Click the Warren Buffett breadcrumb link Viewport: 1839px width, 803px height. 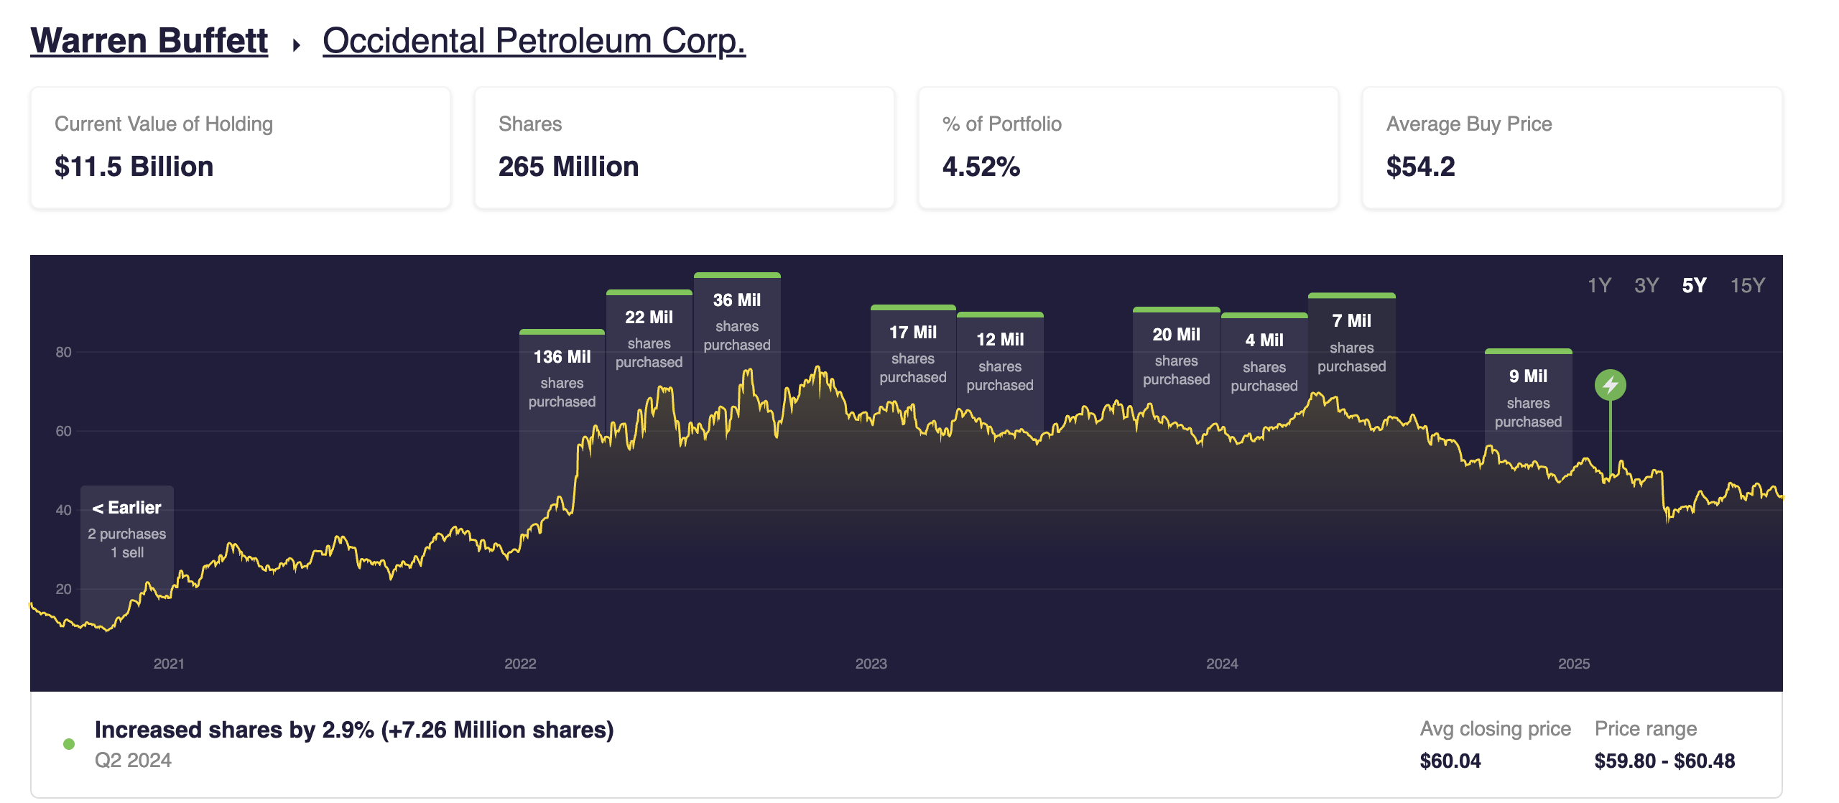coord(149,41)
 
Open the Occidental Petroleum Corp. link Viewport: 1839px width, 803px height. coord(534,41)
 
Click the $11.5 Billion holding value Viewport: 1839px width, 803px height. coord(134,167)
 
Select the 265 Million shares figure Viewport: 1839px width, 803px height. coord(568,167)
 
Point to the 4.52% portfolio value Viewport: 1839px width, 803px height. coord(981,167)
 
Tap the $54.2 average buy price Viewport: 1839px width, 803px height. coord(1420,167)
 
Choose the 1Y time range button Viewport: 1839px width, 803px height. coord(1599,285)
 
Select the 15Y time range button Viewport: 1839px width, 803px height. coord(1747,285)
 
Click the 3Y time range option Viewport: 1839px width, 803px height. coord(1646,285)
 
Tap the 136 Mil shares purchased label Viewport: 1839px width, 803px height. coord(562,377)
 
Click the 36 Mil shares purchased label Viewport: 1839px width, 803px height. coord(736,320)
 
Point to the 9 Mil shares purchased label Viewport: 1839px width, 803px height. coord(1528,396)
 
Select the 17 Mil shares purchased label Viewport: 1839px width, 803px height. coord(912,353)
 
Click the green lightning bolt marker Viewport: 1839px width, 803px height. coord(1610,386)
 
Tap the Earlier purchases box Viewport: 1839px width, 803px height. coord(127,529)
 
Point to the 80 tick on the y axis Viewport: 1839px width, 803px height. coord(63,352)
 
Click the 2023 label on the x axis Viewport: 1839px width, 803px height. coord(871,664)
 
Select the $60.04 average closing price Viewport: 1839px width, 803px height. coord(1450,761)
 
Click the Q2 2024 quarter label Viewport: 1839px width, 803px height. coord(133,760)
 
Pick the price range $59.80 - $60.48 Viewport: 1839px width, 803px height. coord(1664,761)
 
